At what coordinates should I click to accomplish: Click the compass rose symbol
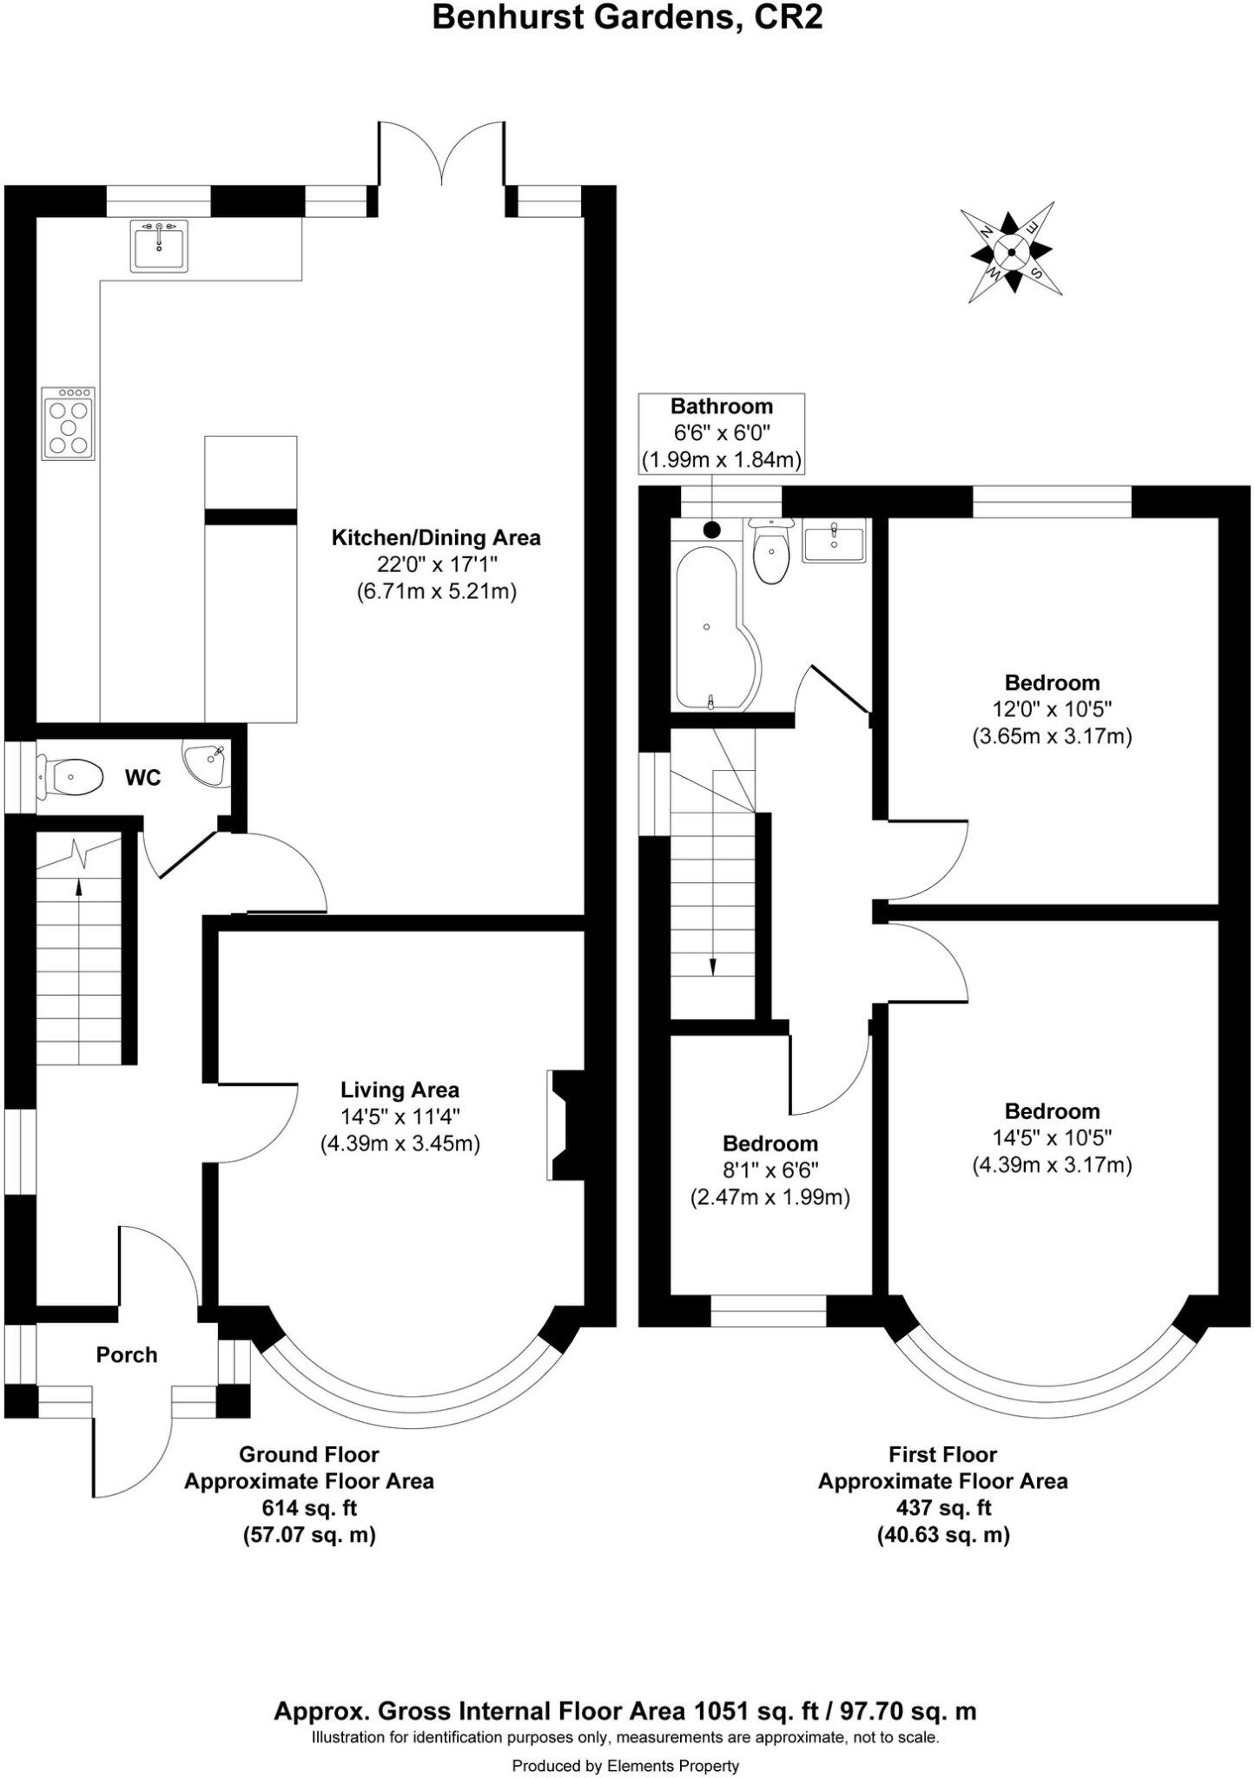[1011, 252]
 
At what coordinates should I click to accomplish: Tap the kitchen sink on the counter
[159, 246]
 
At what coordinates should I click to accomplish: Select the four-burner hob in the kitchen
[69, 424]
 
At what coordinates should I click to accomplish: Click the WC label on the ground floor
[142, 778]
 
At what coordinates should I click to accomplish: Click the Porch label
[127, 1354]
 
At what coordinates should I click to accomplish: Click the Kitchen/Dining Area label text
[436, 537]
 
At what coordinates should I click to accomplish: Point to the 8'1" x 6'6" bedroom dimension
[770, 1170]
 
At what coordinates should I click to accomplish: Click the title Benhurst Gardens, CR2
[627, 17]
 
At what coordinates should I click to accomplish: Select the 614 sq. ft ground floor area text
[309, 1507]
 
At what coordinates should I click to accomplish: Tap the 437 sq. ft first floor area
[942, 1507]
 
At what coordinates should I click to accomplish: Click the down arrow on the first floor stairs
[713, 966]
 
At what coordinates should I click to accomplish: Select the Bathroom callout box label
[721, 405]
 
